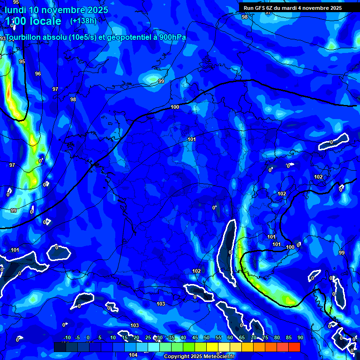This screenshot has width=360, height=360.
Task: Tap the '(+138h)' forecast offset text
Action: tap(83, 21)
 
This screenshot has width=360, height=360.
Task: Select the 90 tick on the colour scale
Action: tap(300, 338)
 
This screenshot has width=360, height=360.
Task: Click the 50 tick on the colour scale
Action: tap(207, 338)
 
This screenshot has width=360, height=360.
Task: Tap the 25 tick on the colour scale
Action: tap(148, 338)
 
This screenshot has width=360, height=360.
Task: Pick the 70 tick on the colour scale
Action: tap(254, 338)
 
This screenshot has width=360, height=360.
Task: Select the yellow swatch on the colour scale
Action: tap(212, 347)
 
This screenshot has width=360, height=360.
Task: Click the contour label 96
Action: tap(38, 74)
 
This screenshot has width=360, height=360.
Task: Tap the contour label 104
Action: tap(133, 355)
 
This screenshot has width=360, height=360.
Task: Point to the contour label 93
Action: tap(3, 38)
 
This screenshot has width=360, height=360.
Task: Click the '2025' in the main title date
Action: tap(97, 9)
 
